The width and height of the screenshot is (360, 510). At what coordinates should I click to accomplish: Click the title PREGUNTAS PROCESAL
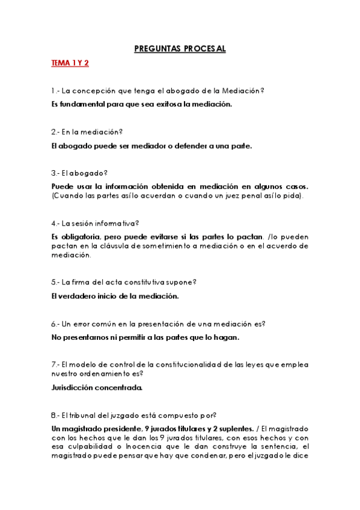[180, 49]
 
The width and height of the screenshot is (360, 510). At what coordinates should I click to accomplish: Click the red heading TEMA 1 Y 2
[70, 63]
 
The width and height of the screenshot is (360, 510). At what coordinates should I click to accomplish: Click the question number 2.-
[55, 132]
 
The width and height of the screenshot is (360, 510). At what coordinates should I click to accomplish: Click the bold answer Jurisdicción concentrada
[97, 387]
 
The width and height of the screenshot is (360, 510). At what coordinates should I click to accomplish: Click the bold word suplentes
[234, 428]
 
